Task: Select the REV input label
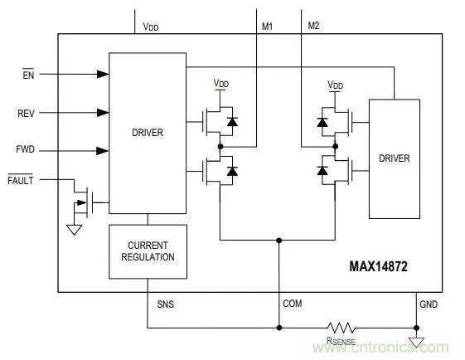click(x=27, y=112)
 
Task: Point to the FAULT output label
click(x=22, y=179)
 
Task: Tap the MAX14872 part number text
click(x=376, y=268)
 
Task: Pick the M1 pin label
click(x=268, y=27)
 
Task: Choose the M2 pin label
click(x=313, y=27)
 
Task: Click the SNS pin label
click(x=166, y=304)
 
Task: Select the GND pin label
click(x=429, y=304)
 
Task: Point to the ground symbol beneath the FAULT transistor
click(x=75, y=229)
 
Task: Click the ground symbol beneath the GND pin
click(x=416, y=342)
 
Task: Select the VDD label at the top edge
click(x=151, y=27)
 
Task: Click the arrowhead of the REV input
click(x=104, y=112)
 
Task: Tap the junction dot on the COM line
click(x=279, y=241)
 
